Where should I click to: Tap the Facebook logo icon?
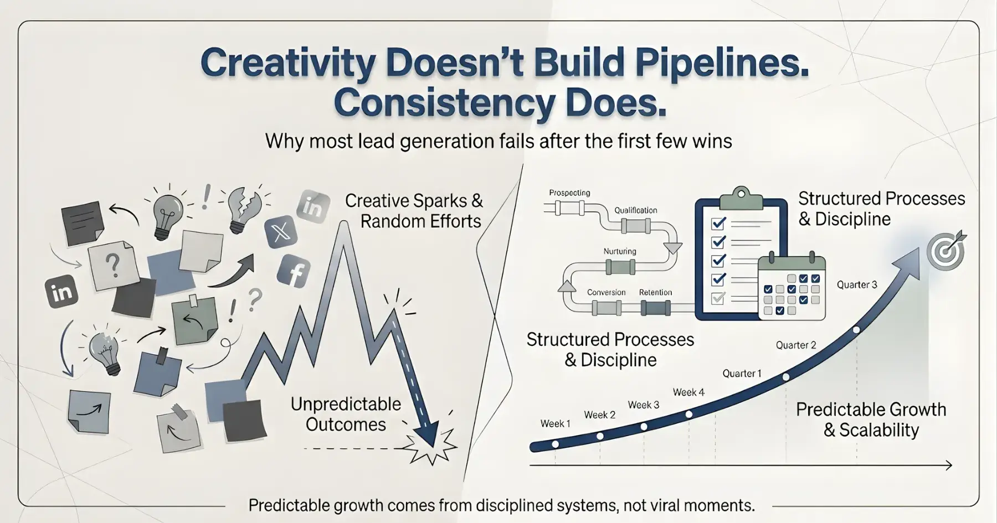[x=294, y=272]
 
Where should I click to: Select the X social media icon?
[x=281, y=231]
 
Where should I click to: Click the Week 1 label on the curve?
[x=555, y=423]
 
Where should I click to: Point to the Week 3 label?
[x=643, y=405]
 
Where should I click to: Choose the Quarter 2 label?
[x=795, y=345]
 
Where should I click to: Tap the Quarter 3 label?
[x=856, y=284]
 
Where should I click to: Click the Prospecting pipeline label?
[x=569, y=193]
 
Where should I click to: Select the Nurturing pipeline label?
[x=619, y=251]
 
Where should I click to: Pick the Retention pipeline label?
[x=655, y=292]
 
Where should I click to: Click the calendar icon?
[x=792, y=288]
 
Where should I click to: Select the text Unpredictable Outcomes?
[x=346, y=414]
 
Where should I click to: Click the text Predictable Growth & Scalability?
[x=871, y=420]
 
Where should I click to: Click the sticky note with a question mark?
[x=114, y=266]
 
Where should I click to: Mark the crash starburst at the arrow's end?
[x=431, y=446]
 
